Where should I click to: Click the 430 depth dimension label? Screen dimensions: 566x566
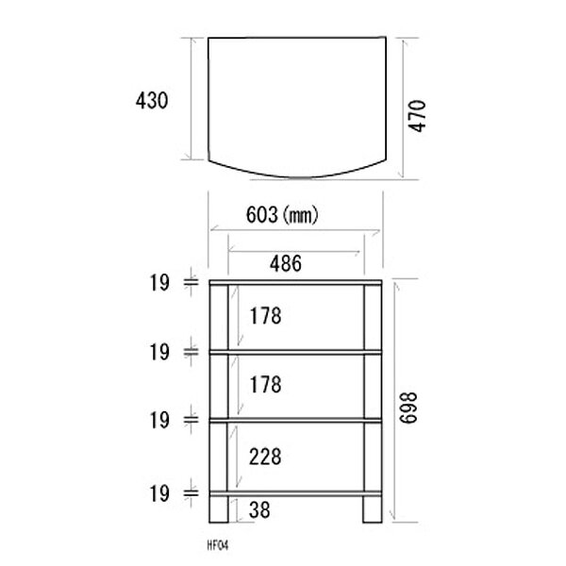(x=152, y=100)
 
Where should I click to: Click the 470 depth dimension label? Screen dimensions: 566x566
(x=417, y=116)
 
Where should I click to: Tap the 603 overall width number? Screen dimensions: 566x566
(x=262, y=215)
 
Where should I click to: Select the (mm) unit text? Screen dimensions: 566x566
(x=300, y=215)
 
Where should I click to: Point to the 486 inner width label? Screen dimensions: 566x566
(x=286, y=263)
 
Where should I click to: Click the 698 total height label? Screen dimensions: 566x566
(x=408, y=408)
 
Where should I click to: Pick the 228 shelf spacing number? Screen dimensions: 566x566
(x=265, y=457)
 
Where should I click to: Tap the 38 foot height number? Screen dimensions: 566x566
(x=259, y=509)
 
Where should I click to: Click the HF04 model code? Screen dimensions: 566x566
(x=218, y=545)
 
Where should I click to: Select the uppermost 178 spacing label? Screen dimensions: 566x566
(x=266, y=316)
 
